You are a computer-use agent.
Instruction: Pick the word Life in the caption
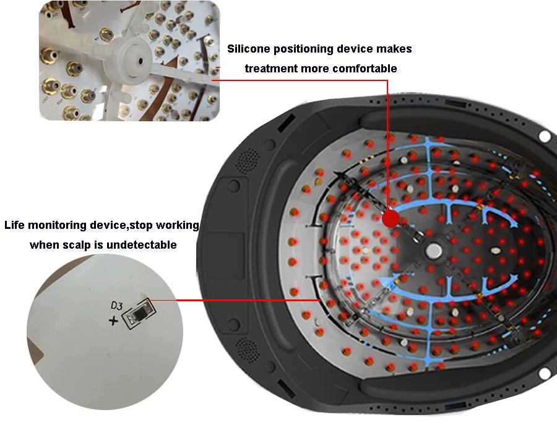(x=14, y=225)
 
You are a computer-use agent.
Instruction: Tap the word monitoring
(x=57, y=225)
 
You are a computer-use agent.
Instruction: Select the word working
(x=177, y=225)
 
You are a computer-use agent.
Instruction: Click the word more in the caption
(x=313, y=68)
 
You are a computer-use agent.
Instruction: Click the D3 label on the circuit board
(x=116, y=306)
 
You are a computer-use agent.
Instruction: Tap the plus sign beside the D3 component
(x=113, y=321)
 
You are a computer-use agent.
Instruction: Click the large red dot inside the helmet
(x=391, y=218)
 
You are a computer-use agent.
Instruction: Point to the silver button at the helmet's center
(x=433, y=251)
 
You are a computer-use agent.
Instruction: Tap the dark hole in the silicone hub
(x=140, y=61)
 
